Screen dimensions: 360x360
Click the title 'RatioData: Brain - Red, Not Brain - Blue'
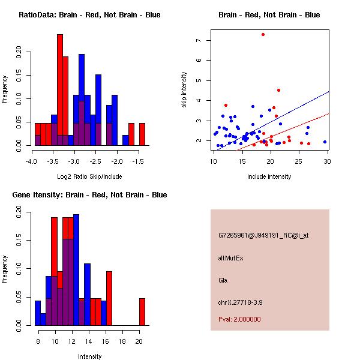89,15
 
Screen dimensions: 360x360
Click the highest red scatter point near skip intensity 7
263,34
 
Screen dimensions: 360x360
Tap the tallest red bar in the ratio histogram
60,90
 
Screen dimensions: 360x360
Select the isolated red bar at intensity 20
142,311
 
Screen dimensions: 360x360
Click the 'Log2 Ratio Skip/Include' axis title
89,177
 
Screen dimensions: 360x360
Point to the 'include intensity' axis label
269,176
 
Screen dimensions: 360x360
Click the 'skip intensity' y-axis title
184,89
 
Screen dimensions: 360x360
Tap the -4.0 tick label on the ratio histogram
31,161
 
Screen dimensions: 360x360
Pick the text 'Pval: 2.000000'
239,319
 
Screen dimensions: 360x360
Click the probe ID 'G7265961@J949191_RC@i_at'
263,236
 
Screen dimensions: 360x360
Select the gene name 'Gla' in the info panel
223,280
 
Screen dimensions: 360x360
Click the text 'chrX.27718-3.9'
241,302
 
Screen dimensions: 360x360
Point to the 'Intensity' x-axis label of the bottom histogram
90,356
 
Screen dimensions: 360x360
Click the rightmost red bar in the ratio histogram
142,134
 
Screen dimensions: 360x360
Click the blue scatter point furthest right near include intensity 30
325,142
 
